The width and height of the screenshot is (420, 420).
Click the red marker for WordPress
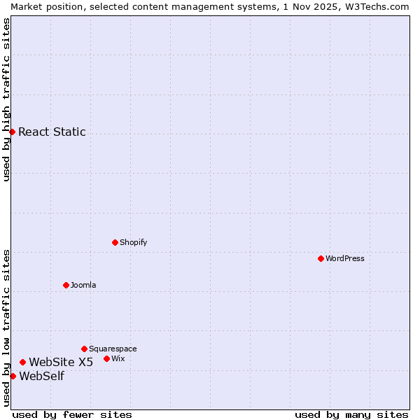point(321,258)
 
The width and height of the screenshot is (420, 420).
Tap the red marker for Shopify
point(115,242)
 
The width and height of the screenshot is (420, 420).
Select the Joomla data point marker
point(66,285)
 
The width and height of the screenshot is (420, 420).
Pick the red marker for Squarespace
point(84,349)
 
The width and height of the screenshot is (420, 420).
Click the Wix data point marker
point(106,358)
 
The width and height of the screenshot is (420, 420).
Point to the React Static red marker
point(12,132)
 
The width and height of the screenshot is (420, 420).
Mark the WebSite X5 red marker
point(22,362)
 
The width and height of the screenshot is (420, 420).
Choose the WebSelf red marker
point(13,376)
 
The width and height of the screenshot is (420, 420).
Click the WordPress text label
point(345,258)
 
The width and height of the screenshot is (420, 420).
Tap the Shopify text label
point(133,242)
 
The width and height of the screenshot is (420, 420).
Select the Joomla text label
point(83,285)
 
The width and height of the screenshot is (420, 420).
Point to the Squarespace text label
point(113,349)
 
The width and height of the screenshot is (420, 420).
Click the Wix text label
point(118,358)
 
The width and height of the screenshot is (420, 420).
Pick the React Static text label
point(52,132)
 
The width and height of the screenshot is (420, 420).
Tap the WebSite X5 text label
point(61,362)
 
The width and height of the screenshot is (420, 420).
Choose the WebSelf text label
point(41,376)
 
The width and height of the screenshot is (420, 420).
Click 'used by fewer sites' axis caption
point(72,414)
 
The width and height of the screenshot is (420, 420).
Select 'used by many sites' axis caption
point(351,414)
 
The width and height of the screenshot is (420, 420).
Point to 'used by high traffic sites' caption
point(6,99)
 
